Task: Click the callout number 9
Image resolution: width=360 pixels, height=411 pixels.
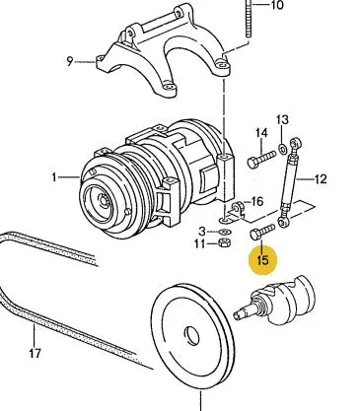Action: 70,61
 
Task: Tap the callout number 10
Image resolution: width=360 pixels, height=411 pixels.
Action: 277,5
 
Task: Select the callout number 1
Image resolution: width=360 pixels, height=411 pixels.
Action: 54,177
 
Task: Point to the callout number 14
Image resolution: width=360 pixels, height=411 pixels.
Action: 261,133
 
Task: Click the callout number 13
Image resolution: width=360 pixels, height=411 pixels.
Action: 282,119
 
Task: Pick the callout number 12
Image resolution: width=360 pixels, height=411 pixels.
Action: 321,179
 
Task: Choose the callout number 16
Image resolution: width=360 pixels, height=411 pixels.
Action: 257,201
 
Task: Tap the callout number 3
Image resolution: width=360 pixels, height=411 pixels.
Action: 202,232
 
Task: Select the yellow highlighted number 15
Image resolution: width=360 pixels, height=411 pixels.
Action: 263,260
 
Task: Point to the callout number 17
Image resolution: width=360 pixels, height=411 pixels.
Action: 35,354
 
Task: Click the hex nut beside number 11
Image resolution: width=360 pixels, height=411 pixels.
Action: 225,242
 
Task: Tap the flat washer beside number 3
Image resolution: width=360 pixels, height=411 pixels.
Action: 225,232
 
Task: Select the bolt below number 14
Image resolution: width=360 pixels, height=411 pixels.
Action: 261,159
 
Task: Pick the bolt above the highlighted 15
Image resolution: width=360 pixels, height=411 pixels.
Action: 262,232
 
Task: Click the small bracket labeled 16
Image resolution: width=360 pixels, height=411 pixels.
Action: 238,210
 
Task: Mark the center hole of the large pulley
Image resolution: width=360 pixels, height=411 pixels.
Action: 191,336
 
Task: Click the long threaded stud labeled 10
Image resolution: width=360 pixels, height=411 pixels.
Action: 248,19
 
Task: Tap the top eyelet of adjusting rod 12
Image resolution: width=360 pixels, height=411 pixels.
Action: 295,143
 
